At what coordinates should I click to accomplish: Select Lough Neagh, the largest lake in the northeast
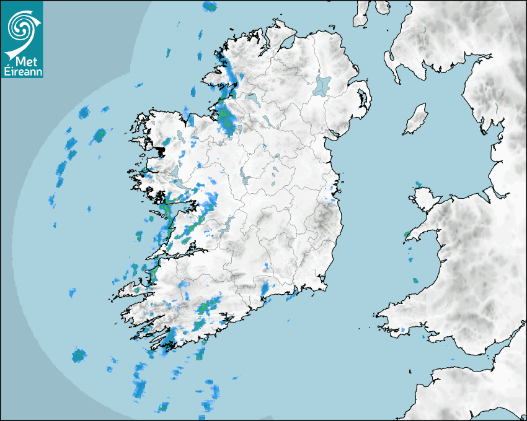(322, 85)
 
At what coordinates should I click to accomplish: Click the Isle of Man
(416, 119)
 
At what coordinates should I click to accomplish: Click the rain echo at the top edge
(210, 7)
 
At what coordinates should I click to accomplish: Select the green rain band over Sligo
(226, 121)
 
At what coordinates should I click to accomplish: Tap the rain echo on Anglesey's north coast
(418, 184)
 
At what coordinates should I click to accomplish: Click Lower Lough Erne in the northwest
(251, 98)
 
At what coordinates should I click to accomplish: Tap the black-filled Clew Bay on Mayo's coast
(163, 149)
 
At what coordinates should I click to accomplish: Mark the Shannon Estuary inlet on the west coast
(186, 251)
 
